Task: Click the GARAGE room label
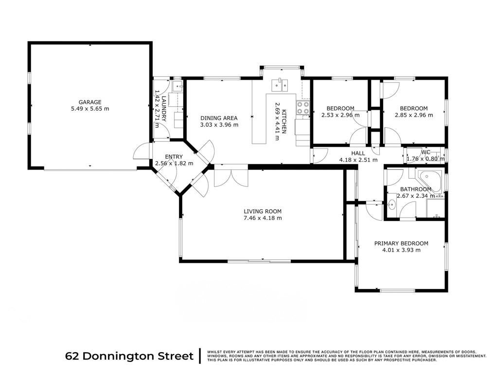(x=90, y=102)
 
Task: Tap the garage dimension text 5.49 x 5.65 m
(x=90, y=109)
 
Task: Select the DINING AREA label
(x=219, y=118)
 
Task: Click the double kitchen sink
(x=280, y=85)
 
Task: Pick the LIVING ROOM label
(x=263, y=211)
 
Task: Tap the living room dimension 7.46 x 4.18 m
(x=263, y=218)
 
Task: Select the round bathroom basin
(x=391, y=205)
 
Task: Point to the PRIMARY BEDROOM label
(x=401, y=243)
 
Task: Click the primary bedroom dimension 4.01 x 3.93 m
(x=401, y=250)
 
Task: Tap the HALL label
(x=358, y=153)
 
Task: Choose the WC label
(x=426, y=152)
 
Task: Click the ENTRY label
(x=174, y=157)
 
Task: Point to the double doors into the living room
(x=231, y=175)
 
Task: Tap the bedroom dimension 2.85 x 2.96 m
(x=414, y=115)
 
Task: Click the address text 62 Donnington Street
(x=129, y=356)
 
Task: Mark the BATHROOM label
(x=415, y=189)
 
